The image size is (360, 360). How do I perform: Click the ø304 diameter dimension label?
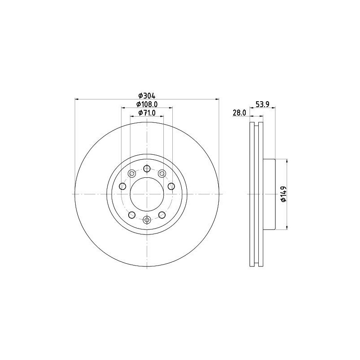[147, 95]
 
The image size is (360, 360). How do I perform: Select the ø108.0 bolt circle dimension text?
[147, 104]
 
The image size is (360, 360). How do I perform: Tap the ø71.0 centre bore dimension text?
[147, 113]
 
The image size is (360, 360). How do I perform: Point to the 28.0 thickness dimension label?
[239, 113]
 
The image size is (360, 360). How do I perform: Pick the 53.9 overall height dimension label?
[262, 104]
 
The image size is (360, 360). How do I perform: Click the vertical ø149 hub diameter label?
[283, 194]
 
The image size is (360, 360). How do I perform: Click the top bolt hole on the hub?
[147, 169]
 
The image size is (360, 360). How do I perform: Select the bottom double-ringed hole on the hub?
[147, 220]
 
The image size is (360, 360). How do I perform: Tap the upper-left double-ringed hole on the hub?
[132, 173]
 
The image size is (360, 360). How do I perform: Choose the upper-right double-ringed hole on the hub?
[162, 173]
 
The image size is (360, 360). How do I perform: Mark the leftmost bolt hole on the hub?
[122, 186]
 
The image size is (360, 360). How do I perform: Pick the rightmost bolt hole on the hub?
[171, 186]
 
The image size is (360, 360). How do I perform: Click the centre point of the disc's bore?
[147, 194]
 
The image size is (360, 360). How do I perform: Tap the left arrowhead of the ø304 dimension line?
[76, 99]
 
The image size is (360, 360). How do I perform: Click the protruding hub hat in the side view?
[269, 194]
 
